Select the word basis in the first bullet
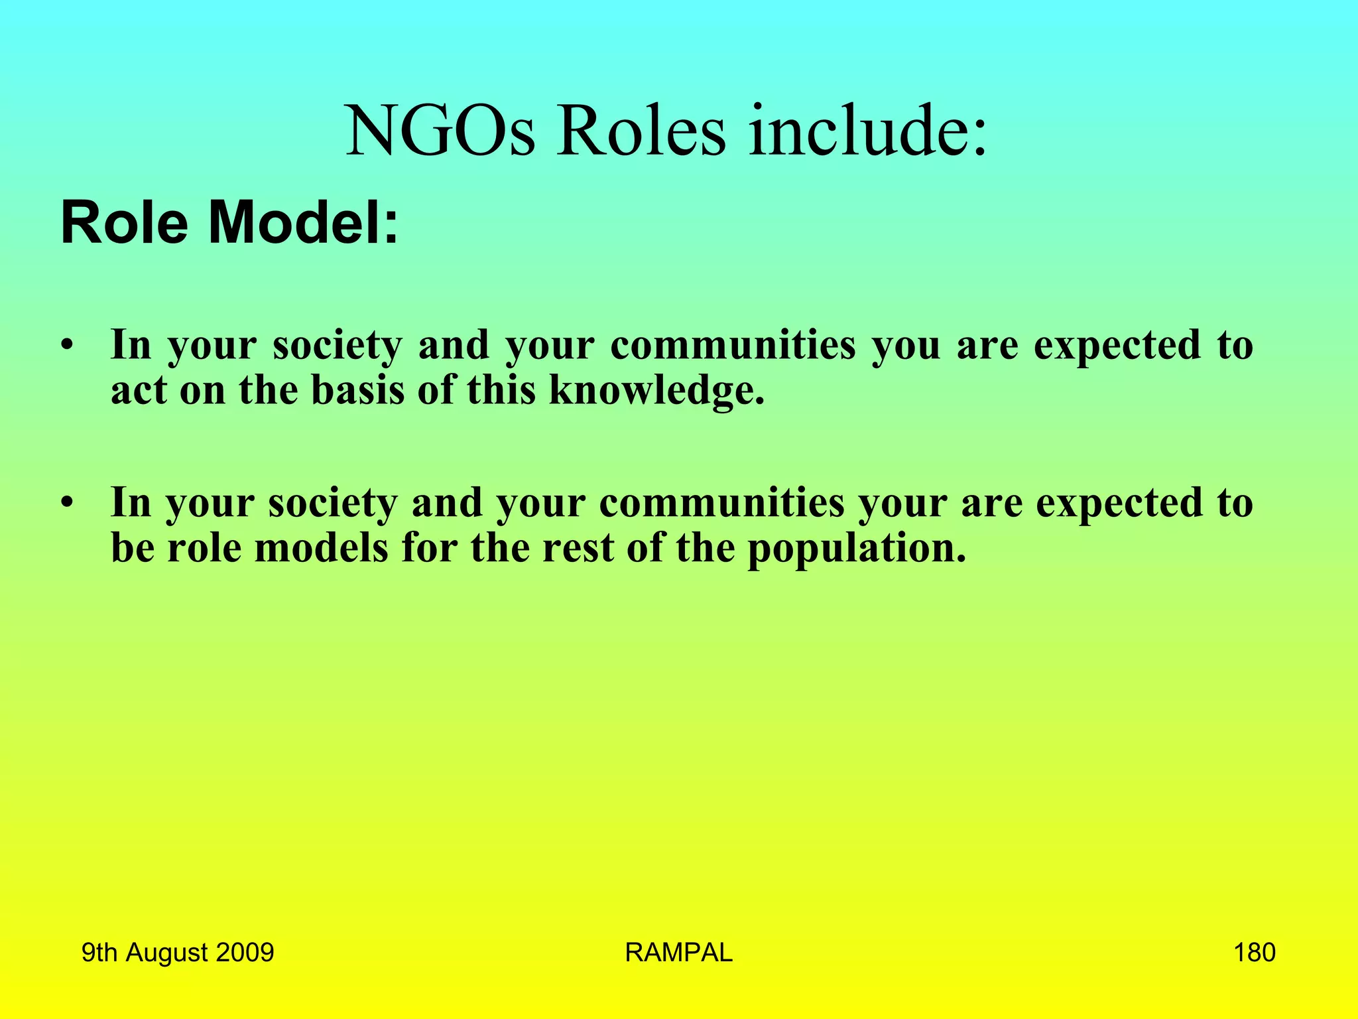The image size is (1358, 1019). pos(357,390)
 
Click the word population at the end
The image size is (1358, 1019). pos(856,549)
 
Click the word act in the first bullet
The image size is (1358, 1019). pos(139,390)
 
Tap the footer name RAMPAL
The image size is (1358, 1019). pos(678,953)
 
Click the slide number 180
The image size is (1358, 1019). pos(1254,953)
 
